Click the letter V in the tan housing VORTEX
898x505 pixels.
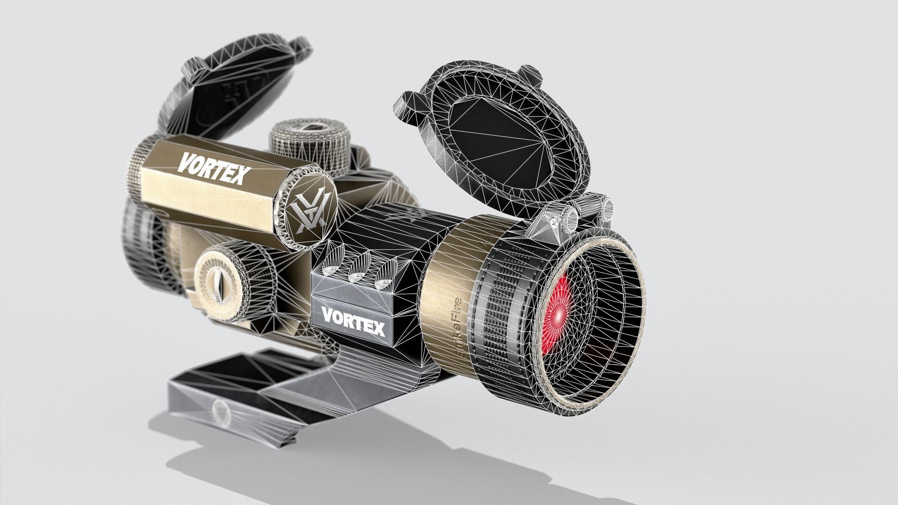(186, 163)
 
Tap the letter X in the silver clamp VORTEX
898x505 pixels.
(377, 329)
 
